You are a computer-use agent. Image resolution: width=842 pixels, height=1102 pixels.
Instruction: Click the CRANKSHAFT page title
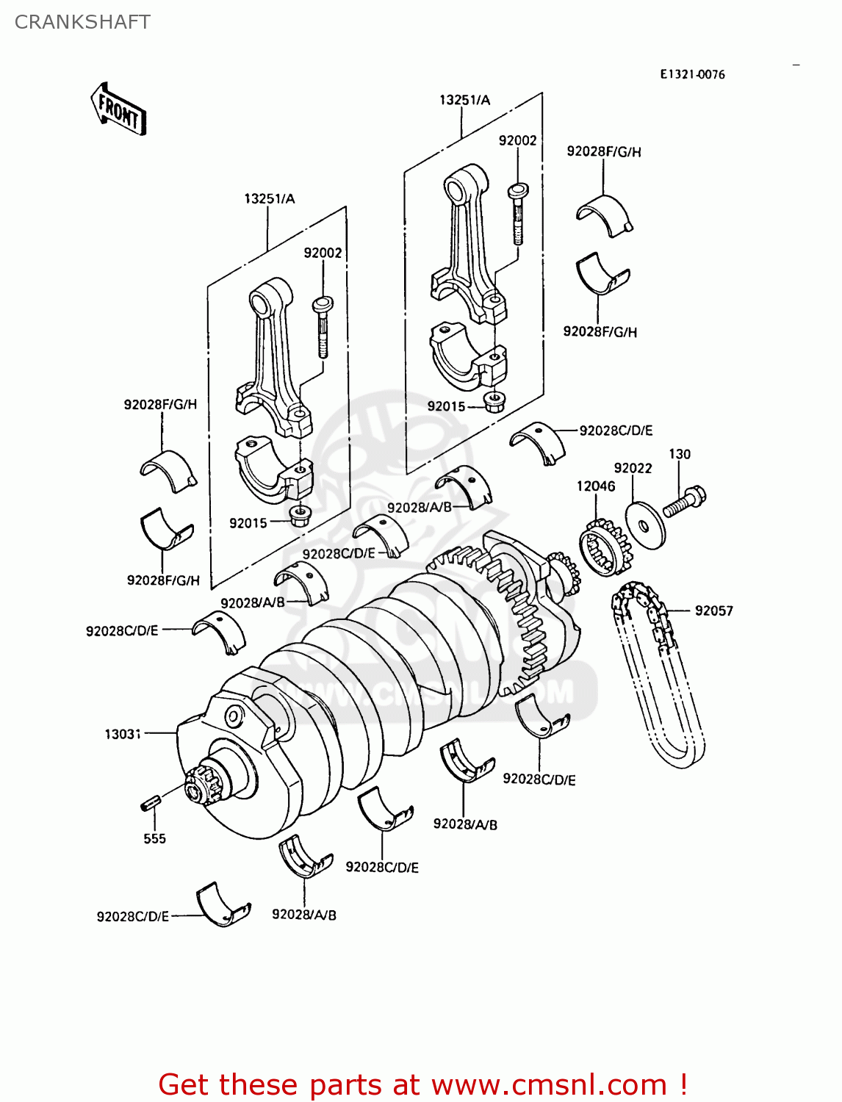(82, 22)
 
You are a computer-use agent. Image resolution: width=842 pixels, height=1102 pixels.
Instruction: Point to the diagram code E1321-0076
(692, 74)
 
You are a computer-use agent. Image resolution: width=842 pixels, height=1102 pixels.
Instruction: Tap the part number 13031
(123, 734)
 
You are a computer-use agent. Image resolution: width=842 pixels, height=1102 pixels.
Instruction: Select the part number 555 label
(154, 839)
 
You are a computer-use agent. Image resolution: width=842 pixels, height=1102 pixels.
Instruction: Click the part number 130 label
(680, 454)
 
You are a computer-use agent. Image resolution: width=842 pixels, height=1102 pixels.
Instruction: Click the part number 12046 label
(596, 486)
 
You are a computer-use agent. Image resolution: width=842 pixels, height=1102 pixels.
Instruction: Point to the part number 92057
(713, 611)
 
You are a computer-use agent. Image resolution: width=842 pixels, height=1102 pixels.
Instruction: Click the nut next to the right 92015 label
(494, 403)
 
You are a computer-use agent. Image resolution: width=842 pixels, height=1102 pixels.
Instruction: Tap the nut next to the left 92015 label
(298, 516)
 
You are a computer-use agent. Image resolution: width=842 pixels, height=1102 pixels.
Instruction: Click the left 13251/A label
(269, 198)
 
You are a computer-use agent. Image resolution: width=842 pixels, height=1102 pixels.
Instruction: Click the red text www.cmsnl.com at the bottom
(548, 1084)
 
